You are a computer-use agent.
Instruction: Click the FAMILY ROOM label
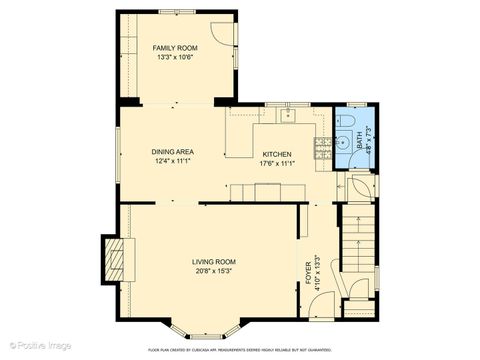(175, 47)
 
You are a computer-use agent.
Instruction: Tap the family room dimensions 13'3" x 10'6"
(175, 57)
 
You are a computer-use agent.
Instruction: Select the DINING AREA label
(172, 152)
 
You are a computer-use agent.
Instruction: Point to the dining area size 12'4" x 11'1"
(172, 161)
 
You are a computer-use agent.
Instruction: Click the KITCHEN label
(276, 154)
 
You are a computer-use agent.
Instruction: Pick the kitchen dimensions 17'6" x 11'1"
(276, 163)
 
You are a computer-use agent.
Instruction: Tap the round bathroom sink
(345, 121)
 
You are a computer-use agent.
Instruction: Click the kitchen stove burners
(324, 147)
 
